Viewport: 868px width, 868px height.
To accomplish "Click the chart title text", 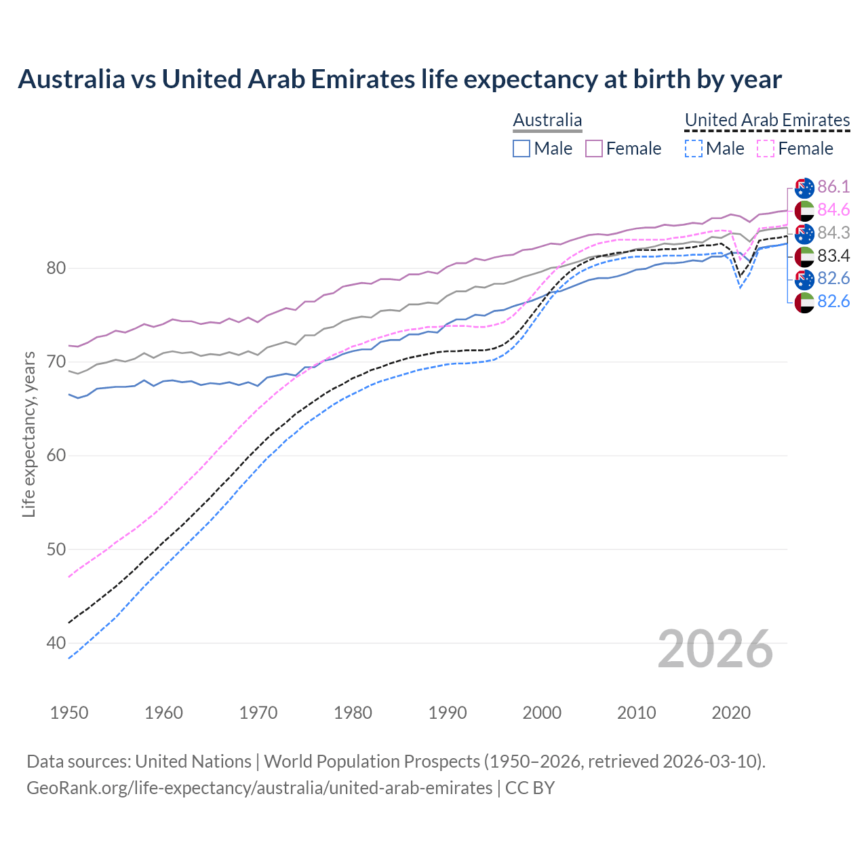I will coord(399,79).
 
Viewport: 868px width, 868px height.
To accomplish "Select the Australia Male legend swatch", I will coord(521,149).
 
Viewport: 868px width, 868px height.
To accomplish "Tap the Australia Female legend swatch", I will coord(594,149).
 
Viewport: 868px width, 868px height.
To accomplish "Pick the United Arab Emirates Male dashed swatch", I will coord(693,149).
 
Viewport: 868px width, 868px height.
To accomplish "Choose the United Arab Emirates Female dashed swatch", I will coord(765,149).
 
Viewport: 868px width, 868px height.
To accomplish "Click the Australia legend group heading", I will coord(547,120).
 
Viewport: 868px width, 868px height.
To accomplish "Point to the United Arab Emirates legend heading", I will coord(767,120).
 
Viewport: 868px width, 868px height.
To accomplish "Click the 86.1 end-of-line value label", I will coord(833,187).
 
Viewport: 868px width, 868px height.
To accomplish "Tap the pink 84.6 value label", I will coord(833,210).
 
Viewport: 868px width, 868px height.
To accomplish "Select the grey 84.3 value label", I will coord(833,233).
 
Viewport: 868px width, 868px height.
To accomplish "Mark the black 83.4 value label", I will coord(833,256).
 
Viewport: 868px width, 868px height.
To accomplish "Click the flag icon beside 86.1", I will coord(804,188).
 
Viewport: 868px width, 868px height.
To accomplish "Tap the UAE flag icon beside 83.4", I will coord(804,256).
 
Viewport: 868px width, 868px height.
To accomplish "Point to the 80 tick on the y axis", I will coord(56,268).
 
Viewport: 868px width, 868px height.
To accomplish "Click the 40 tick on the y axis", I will coord(56,643).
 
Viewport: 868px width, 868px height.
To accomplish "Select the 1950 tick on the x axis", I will coord(69,713).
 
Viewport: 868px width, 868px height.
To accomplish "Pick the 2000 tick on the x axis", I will coord(542,713).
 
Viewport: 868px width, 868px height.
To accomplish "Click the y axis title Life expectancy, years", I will coord(28,434).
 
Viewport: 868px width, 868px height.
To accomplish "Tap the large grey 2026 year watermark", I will coord(715,649).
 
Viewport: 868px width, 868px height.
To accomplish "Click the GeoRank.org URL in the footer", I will coord(259,788).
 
